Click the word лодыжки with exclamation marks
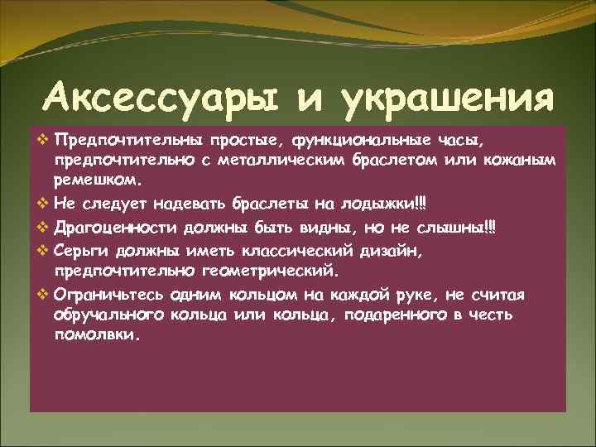click(x=391, y=203)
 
